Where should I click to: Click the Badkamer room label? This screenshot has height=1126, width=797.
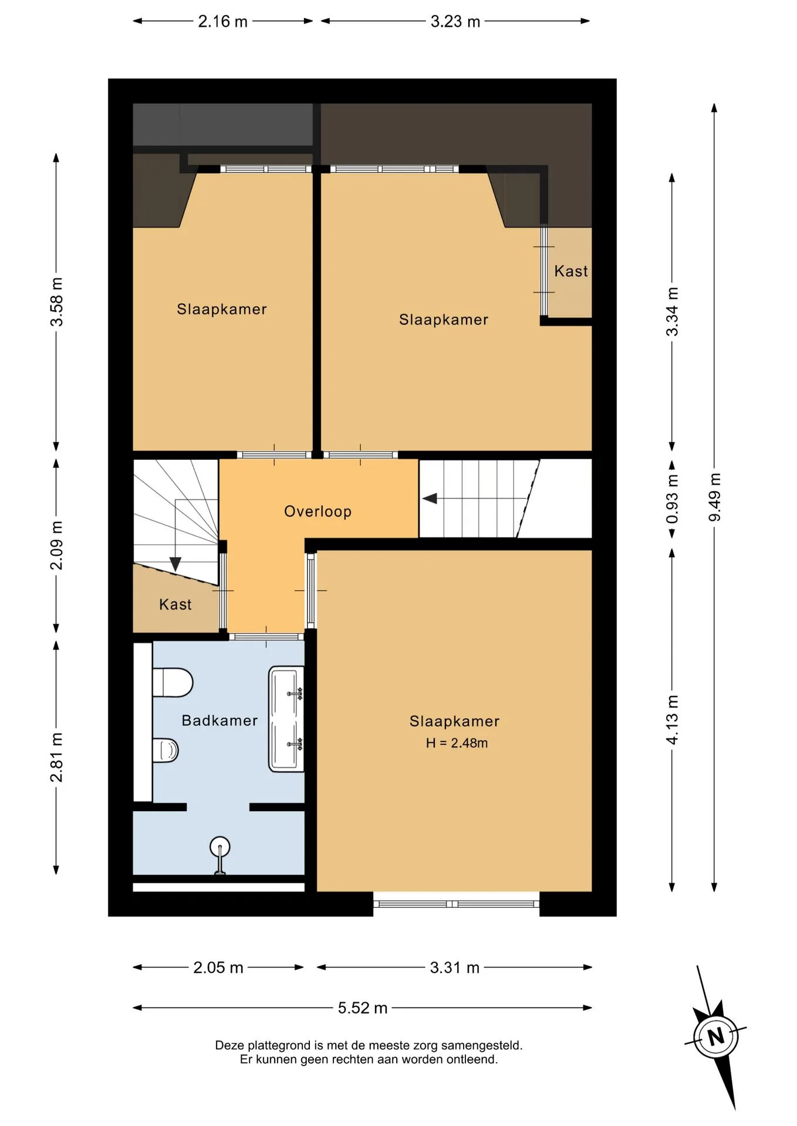pyautogui.click(x=219, y=720)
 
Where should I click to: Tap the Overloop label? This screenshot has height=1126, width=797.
pyautogui.click(x=318, y=511)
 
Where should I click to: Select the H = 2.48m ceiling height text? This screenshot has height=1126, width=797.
pyautogui.click(x=457, y=743)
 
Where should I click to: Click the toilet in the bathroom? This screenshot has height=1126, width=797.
pyautogui.click(x=173, y=683)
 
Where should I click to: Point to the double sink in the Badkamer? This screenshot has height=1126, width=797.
pyautogui.click(x=286, y=719)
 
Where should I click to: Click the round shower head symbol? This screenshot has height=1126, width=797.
pyautogui.click(x=220, y=847)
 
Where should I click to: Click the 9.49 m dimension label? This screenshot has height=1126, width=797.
pyautogui.click(x=714, y=497)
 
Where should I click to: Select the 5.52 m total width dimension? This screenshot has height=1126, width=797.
pyautogui.click(x=363, y=1008)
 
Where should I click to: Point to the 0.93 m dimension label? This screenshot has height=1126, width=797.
pyautogui.click(x=672, y=499)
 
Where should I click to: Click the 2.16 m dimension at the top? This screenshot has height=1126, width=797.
pyautogui.click(x=222, y=22)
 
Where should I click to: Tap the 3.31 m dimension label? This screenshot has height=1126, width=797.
pyautogui.click(x=455, y=967)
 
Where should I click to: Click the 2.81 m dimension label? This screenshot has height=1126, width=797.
pyautogui.click(x=56, y=757)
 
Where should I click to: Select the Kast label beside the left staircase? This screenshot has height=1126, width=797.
pyautogui.click(x=175, y=605)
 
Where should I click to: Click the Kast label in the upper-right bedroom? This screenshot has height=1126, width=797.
pyautogui.click(x=571, y=271)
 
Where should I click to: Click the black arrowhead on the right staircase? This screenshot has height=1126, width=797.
pyautogui.click(x=430, y=498)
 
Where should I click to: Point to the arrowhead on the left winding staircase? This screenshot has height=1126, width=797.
pyautogui.click(x=175, y=564)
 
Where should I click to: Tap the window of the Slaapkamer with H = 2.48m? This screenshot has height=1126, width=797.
pyautogui.click(x=456, y=904)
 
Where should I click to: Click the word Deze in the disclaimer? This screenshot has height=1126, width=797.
pyautogui.click(x=229, y=1045)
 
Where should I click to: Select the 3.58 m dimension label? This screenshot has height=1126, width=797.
pyautogui.click(x=56, y=301)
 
